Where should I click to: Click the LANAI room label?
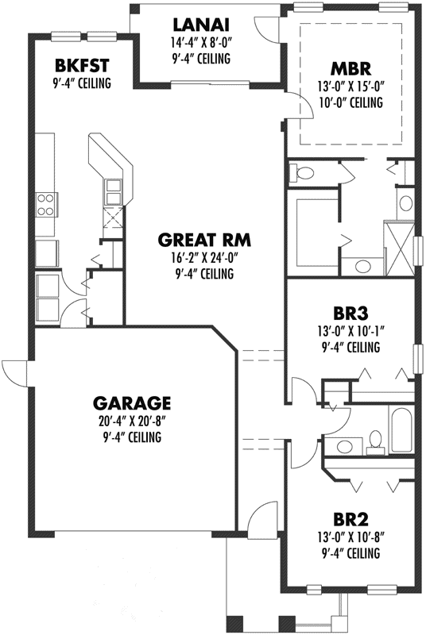(x=199, y=25)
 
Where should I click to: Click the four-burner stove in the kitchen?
(x=45, y=206)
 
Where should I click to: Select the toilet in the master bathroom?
(x=304, y=172)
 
